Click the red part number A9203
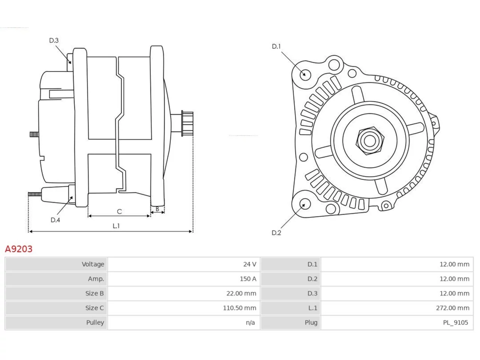pyautogui.click(x=19, y=249)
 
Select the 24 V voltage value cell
pyautogui.click(x=249, y=264)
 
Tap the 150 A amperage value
pyautogui.click(x=248, y=279)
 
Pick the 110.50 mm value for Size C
pyautogui.click(x=240, y=308)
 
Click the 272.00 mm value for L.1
pyautogui.click(x=453, y=308)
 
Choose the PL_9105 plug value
pyautogui.click(x=456, y=322)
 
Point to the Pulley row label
pyautogui.click(x=95, y=322)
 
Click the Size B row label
pyautogui.click(x=94, y=293)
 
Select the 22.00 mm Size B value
pyautogui.click(x=241, y=293)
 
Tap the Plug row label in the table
pyautogui.click(x=311, y=322)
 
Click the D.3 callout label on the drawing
pyautogui.click(x=54, y=40)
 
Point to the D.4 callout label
pyautogui.click(x=55, y=220)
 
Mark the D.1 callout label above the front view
pyautogui.click(x=276, y=46)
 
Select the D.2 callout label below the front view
pyautogui.click(x=276, y=233)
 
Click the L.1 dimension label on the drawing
pyautogui.click(x=116, y=226)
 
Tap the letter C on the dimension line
pyautogui.click(x=119, y=211)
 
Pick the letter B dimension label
pyautogui.click(x=157, y=209)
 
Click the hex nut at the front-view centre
pyautogui.click(x=370, y=141)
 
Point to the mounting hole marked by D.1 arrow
pyautogui.click(x=305, y=75)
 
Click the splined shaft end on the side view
pyautogui.click(x=187, y=123)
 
